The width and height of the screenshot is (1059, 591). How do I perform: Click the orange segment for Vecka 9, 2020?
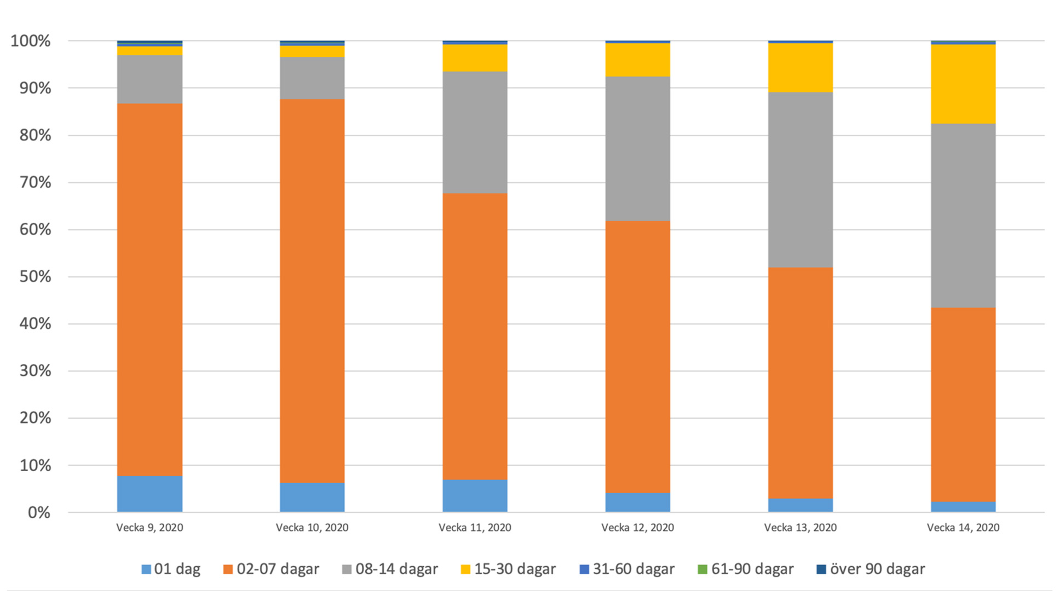pyautogui.click(x=149, y=289)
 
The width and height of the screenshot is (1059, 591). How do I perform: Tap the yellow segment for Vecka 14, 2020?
pyautogui.click(x=963, y=84)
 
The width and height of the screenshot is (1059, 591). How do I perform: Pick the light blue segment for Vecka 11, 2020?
pyautogui.click(x=475, y=496)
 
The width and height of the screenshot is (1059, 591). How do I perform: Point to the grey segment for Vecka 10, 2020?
pyautogui.click(x=312, y=78)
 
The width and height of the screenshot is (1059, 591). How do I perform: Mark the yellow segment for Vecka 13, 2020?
pyautogui.click(x=800, y=67)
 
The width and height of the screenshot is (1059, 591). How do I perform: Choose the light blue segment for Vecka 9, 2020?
pyautogui.click(x=149, y=494)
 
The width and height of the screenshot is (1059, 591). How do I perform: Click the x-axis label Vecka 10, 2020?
pyautogui.click(x=312, y=528)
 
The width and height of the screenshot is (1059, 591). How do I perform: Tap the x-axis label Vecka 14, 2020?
pyautogui.click(x=963, y=528)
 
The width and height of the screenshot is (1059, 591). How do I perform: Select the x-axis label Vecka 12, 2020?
pyautogui.click(x=637, y=528)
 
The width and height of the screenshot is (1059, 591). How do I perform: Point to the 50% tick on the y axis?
pyautogui.click(x=35, y=277)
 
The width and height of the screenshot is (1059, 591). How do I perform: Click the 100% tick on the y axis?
pyautogui.click(x=31, y=41)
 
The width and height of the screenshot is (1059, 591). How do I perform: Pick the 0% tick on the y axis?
pyautogui.click(x=39, y=513)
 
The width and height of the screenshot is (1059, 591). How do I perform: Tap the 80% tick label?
pyautogui.click(x=35, y=135)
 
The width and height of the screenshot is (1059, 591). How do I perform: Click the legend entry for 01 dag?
pyautogui.click(x=171, y=569)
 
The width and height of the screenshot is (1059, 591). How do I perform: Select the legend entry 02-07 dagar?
pyautogui.click(x=271, y=569)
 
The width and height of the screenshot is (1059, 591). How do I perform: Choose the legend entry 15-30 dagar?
pyautogui.click(x=508, y=569)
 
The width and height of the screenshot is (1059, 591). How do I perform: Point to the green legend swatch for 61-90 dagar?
pyautogui.click(x=703, y=569)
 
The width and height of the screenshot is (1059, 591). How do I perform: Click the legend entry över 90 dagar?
pyautogui.click(x=871, y=569)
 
